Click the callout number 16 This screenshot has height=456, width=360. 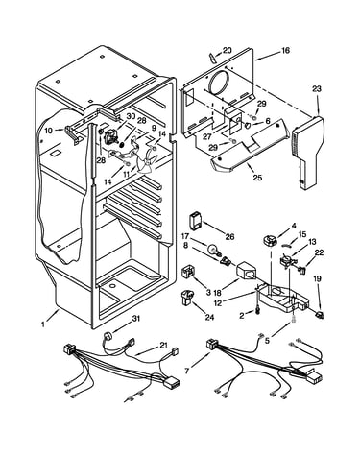point(285,50)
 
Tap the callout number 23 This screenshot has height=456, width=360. point(317,88)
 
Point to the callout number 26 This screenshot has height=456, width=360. point(229,237)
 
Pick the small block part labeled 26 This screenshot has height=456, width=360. point(195,221)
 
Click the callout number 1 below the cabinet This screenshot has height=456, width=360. point(43,324)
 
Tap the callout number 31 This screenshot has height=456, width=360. point(136,318)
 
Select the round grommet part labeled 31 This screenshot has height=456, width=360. point(107,337)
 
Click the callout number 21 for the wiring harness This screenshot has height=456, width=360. point(164,346)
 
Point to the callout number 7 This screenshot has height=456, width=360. point(187,371)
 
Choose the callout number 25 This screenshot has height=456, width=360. point(257,177)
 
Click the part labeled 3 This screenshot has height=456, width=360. point(186,272)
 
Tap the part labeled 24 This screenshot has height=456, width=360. point(186,297)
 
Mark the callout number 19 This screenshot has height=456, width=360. point(317,278)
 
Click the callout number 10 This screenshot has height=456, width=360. point(49,131)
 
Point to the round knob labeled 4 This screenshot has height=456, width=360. point(269,240)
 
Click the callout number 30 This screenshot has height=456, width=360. point(132,116)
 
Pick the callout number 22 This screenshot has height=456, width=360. point(319,252)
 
